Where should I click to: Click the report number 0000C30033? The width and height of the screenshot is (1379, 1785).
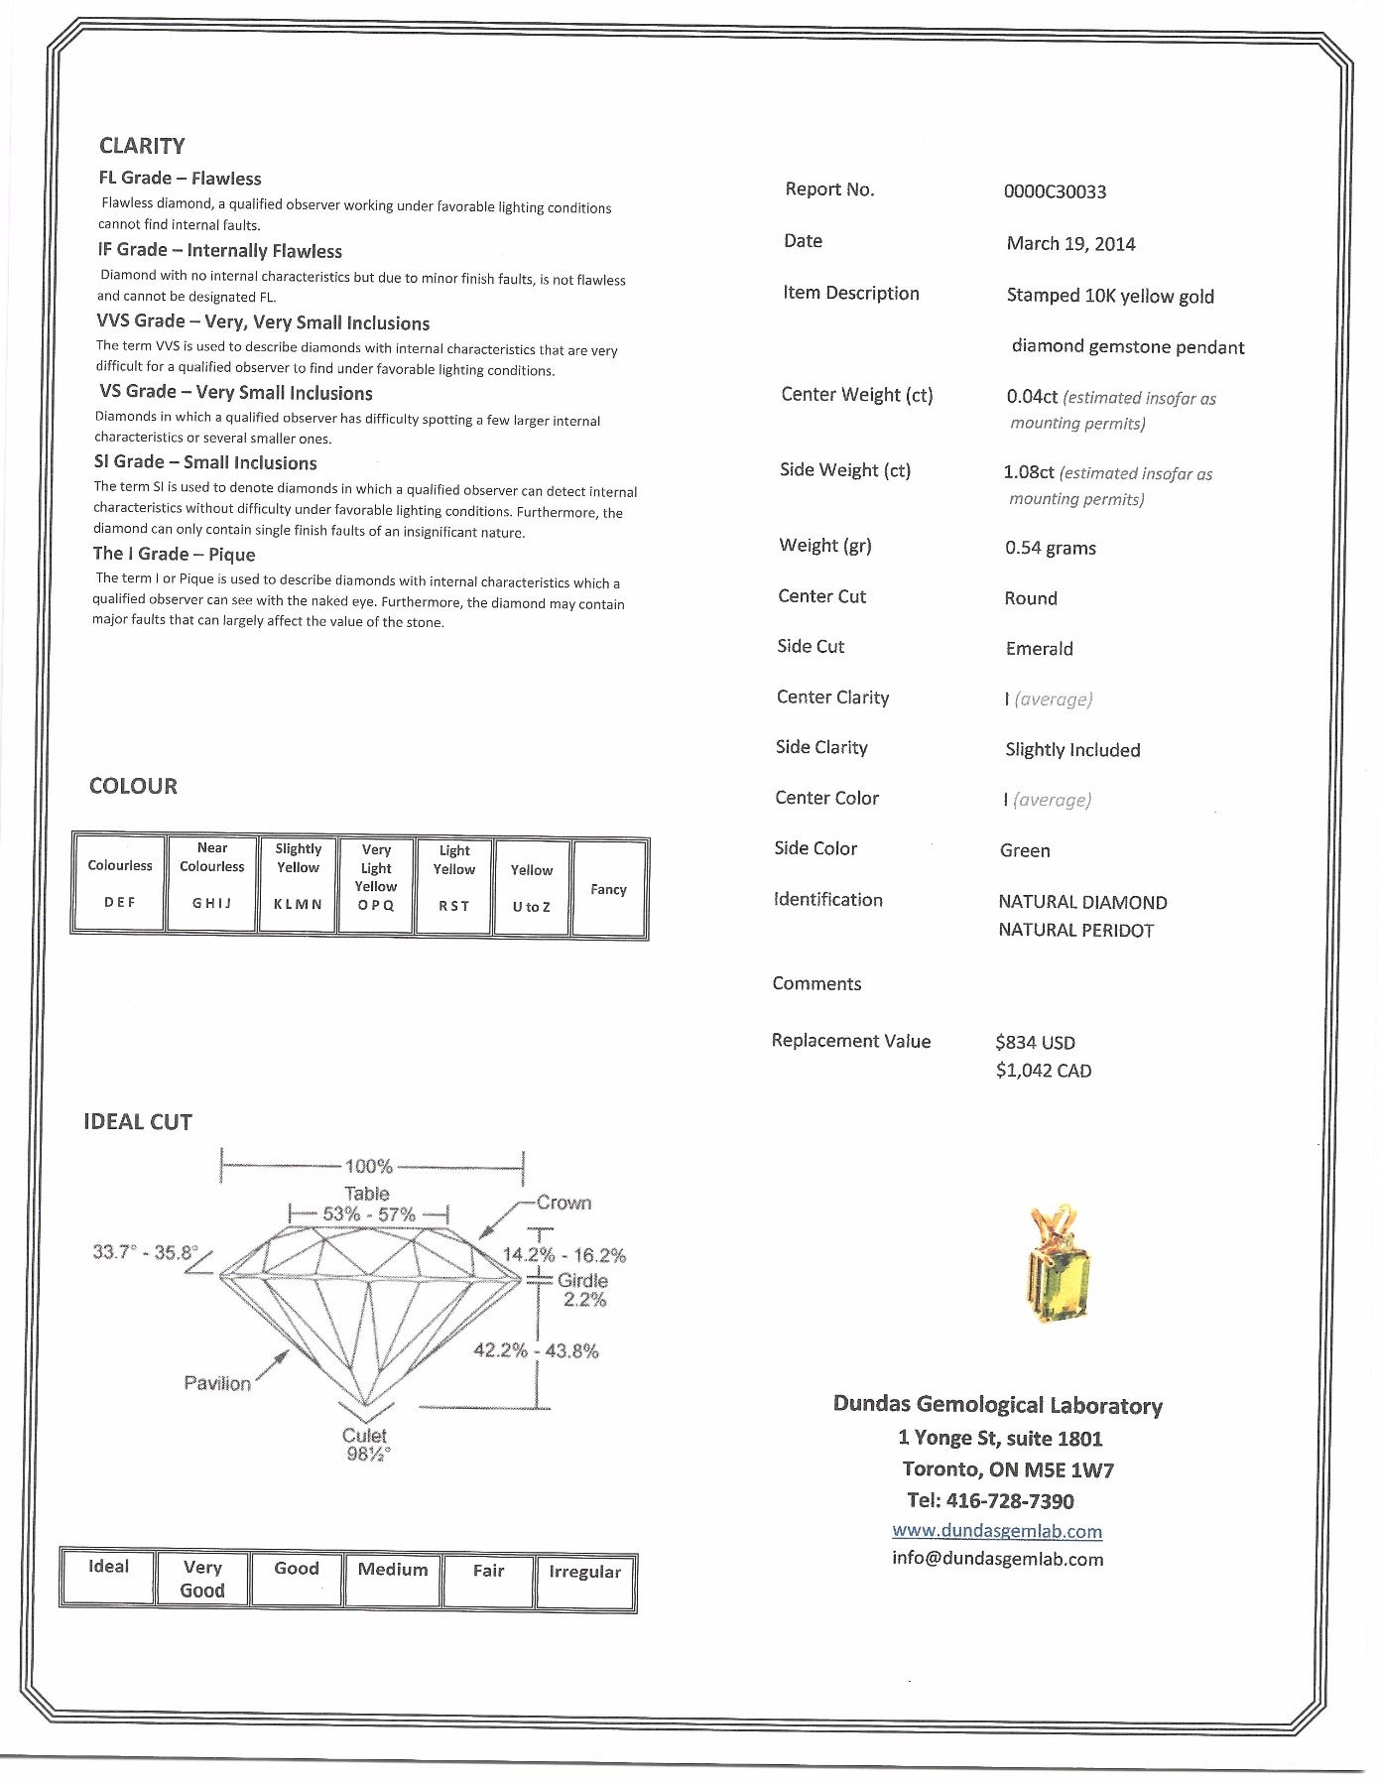coord(1055,191)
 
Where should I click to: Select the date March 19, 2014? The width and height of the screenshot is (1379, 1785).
coord(1070,243)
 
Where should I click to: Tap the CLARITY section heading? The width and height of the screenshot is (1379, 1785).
coord(142,146)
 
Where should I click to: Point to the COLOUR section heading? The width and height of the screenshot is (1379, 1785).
coord(133,786)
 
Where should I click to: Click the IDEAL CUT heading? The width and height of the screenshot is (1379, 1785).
coord(138,1121)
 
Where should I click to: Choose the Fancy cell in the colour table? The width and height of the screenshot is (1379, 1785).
coord(608,889)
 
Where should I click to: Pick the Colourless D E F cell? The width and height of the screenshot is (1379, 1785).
coord(119,883)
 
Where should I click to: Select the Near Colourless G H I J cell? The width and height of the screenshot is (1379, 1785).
coord(211,883)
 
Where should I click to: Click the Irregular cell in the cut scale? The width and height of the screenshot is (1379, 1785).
coord(584,1581)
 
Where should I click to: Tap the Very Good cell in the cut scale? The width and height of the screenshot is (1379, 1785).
coord(202,1579)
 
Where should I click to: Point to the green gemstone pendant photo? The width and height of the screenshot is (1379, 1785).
coord(1056,1266)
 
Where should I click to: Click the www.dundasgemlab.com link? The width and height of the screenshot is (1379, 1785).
coord(997,1530)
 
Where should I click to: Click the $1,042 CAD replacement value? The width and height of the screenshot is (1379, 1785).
coord(1044,1071)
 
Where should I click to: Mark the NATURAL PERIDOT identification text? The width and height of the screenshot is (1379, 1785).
coord(1075,930)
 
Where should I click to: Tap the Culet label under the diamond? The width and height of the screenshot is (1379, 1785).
coord(365,1436)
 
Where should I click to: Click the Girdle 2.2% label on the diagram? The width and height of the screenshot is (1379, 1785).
coord(583,1289)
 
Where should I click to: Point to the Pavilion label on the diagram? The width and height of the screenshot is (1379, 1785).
coord(217,1383)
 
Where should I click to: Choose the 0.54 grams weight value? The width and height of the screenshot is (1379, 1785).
coord(1050,548)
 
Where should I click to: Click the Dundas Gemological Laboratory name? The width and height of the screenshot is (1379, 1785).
coord(997,1405)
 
